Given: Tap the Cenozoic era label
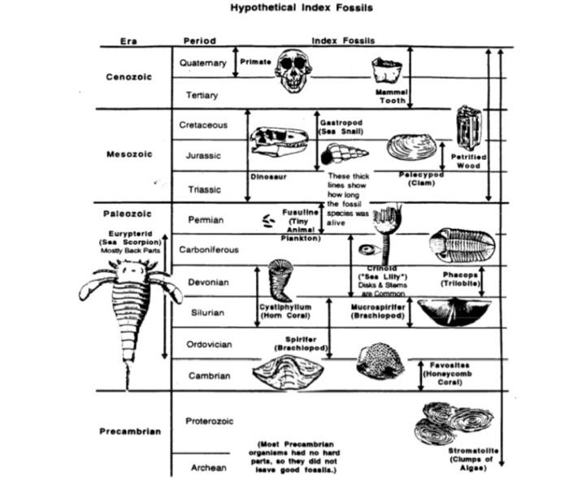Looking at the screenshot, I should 128,78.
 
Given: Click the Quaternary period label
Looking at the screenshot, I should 202,63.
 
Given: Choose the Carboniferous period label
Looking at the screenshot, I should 209,250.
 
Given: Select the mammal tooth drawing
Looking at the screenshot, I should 389,71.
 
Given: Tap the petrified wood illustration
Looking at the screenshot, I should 468,128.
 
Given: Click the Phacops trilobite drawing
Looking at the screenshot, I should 459,244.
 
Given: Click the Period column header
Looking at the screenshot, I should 198,41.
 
